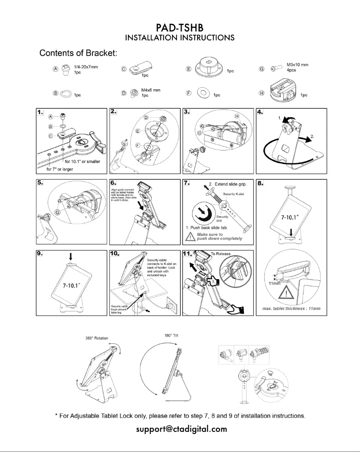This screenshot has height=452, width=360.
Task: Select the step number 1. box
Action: click(42, 111)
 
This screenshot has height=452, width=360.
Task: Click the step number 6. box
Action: click(115, 183)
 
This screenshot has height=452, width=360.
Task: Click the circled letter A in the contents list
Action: click(56, 69)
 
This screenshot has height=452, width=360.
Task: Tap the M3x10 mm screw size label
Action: click(297, 65)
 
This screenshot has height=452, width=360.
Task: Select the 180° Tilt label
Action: click(174, 335)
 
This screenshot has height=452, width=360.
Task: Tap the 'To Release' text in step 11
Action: click(220, 254)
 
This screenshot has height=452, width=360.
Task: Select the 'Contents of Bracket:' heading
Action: click(79, 53)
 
